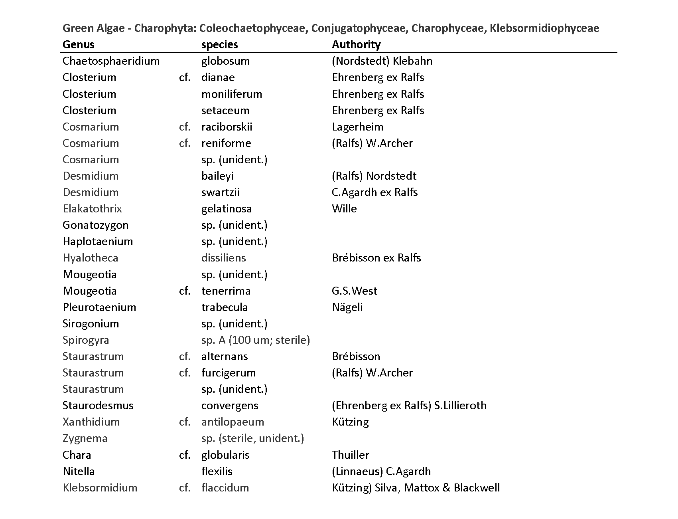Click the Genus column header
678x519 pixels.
coord(79,44)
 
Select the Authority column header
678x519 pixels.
coord(356,44)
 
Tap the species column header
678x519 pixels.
coord(219,44)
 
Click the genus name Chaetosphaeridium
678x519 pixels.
coord(111,61)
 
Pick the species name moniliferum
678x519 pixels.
coord(231,94)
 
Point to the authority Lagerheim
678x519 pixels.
coord(357,127)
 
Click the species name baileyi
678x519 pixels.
coord(217,176)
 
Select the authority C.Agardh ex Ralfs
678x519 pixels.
coord(374,192)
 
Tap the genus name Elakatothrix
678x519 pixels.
coord(92,209)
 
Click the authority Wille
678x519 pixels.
coord(344,209)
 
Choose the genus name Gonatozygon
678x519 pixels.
coord(95,225)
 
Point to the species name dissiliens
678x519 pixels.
coord(223,258)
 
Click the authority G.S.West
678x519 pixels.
coord(354,291)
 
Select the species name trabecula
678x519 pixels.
coord(224,307)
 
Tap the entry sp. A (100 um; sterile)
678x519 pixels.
coord(255,340)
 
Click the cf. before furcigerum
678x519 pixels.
coord(184,373)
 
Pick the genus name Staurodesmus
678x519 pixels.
coord(98,406)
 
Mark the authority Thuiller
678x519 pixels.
coord(350,455)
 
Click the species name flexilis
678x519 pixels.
coord(217,471)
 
